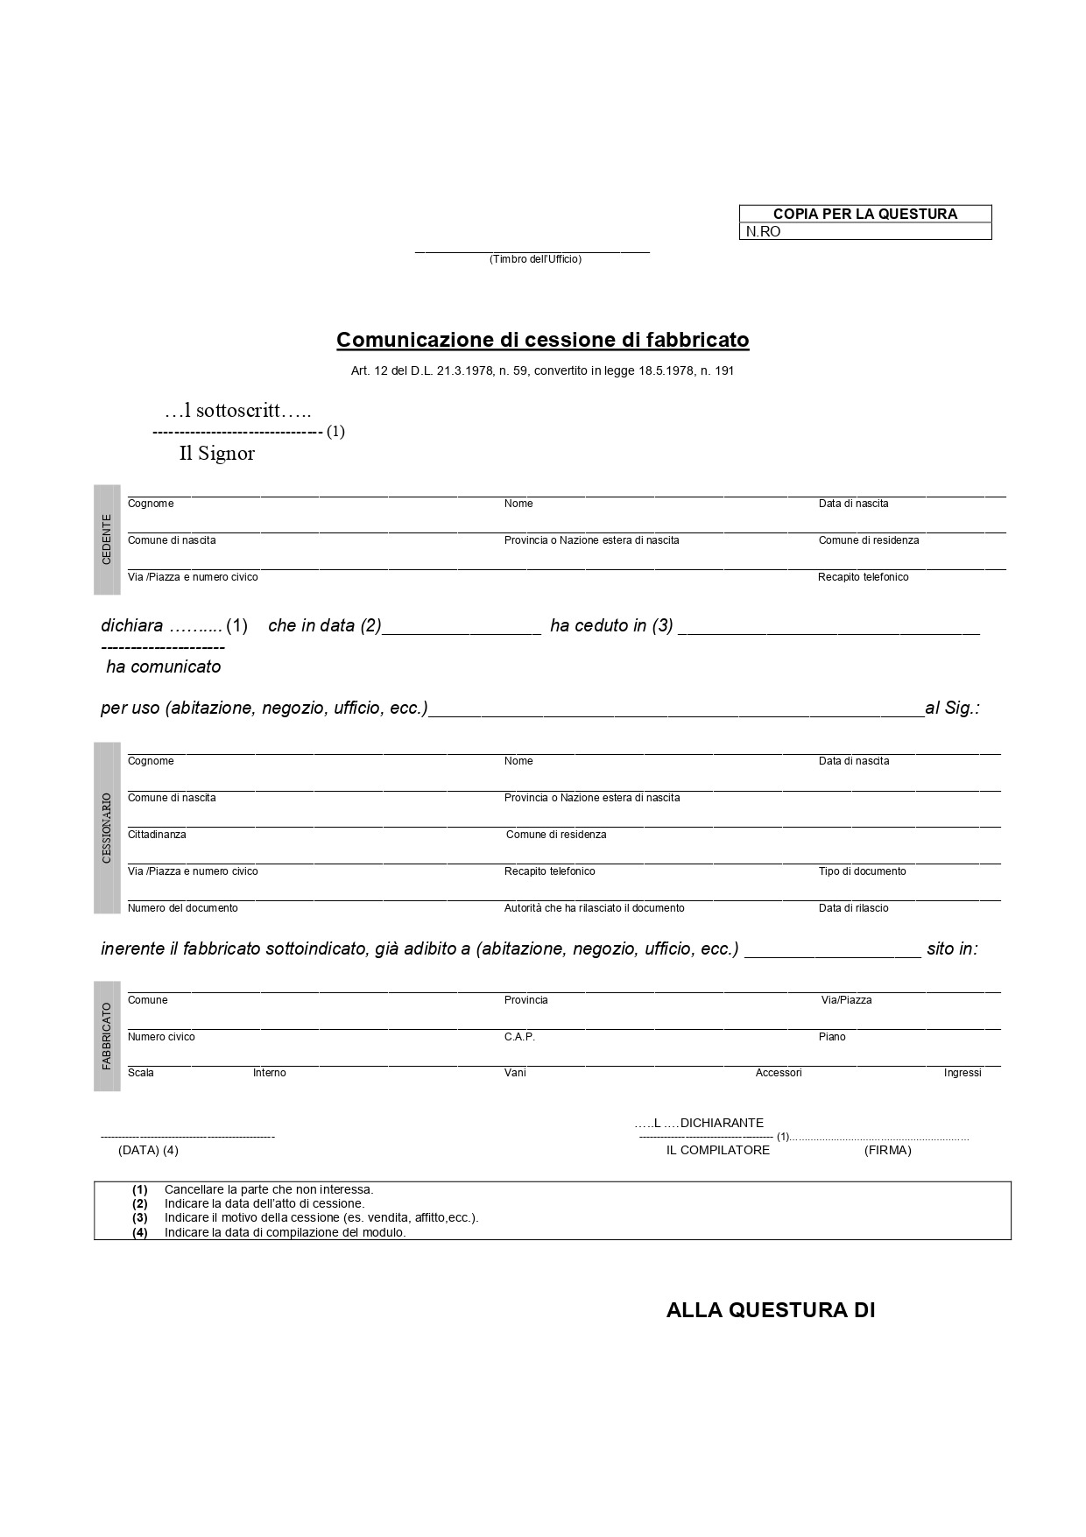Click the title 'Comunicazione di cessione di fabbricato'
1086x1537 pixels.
coord(542,340)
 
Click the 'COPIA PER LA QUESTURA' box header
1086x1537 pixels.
coord(864,214)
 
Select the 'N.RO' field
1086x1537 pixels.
coord(865,232)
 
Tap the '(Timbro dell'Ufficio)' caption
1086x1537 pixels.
coord(535,259)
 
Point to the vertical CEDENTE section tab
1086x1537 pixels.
coord(107,539)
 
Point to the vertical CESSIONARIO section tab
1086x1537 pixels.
coord(107,828)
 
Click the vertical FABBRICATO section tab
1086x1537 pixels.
coord(107,1036)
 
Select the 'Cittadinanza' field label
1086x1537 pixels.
coord(157,835)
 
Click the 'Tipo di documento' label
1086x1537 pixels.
coord(862,871)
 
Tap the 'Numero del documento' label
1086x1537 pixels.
coord(182,908)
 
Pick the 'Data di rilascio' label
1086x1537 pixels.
coord(853,908)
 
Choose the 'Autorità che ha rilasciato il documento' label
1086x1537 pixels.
coord(594,908)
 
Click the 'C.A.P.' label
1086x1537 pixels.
coord(519,1037)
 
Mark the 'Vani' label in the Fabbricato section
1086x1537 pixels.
coord(515,1073)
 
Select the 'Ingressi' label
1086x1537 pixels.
coord(962,1073)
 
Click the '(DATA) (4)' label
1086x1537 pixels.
coord(148,1150)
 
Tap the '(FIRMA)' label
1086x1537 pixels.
coord(887,1150)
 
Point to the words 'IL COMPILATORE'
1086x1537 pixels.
coord(717,1150)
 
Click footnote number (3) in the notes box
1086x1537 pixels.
coord(140,1218)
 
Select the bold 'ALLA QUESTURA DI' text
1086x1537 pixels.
coord(771,1310)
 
